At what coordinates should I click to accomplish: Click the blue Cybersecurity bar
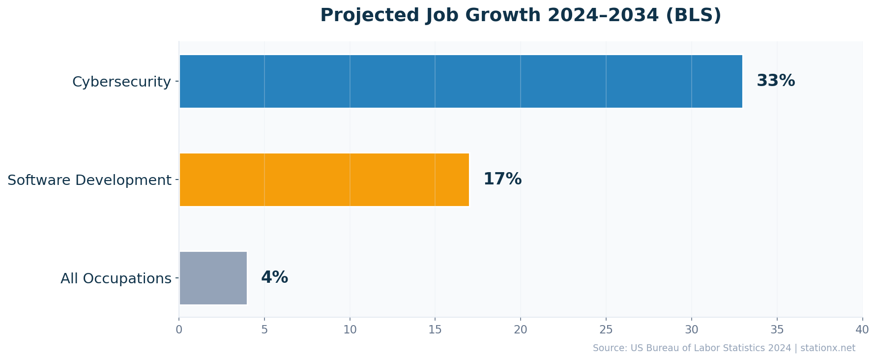pyautogui.click(x=461, y=81)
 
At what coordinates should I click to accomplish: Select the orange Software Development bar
pyautogui.click(x=324, y=180)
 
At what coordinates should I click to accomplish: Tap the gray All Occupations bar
pyautogui.click(x=213, y=278)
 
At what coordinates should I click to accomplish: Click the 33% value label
pyautogui.click(x=775, y=81)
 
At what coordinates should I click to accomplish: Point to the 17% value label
pyautogui.click(x=502, y=179)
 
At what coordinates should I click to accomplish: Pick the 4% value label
pyautogui.click(x=274, y=277)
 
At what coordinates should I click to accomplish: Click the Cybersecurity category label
pyautogui.click(x=121, y=82)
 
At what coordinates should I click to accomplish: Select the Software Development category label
pyautogui.click(x=89, y=180)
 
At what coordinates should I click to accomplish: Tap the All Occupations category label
pyautogui.click(x=116, y=278)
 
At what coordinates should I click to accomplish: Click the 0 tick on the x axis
pyautogui.click(x=179, y=330)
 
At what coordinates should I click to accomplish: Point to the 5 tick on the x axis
pyautogui.click(x=264, y=330)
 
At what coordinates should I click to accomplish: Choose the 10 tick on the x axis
pyautogui.click(x=350, y=330)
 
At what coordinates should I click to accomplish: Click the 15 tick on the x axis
pyautogui.click(x=435, y=330)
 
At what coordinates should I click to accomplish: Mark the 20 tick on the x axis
pyautogui.click(x=521, y=330)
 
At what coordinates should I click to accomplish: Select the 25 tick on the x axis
pyautogui.click(x=606, y=330)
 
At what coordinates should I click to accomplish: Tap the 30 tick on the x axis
pyautogui.click(x=691, y=330)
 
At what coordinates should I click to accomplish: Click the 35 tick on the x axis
pyautogui.click(x=777, y=330)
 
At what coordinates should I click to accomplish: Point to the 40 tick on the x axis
pyautogui.click(x=862, y=330)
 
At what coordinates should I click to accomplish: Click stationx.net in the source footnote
pyautogui.click(x=828, y=348)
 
